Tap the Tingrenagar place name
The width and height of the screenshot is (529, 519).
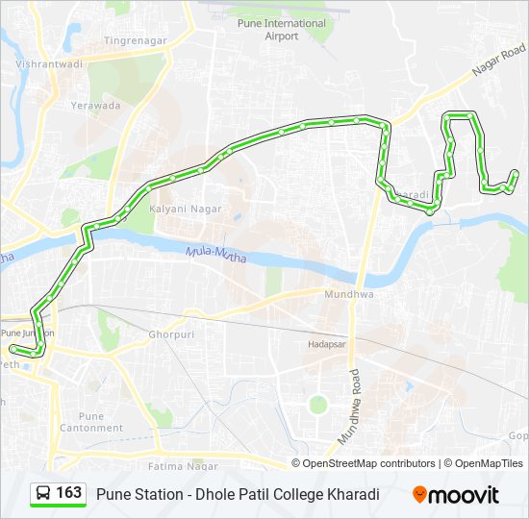[x=136, y=40]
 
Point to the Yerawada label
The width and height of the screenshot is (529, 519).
[x=94, y=105]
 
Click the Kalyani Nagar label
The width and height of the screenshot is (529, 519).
[x=186, y=209]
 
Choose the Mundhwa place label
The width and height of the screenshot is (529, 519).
[x=347, y=295]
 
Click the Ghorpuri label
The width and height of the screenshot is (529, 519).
[x=172, y=335]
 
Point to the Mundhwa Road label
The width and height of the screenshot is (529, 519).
[x=346, y=406]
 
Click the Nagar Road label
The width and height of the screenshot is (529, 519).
[x=498, y=63]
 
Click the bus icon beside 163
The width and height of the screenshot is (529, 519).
[x=42, y=494]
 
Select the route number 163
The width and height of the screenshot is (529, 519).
[x=68, y=493]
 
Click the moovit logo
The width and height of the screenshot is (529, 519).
[x=456, y=495]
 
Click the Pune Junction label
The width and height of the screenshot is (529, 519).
[x=27, y=333]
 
